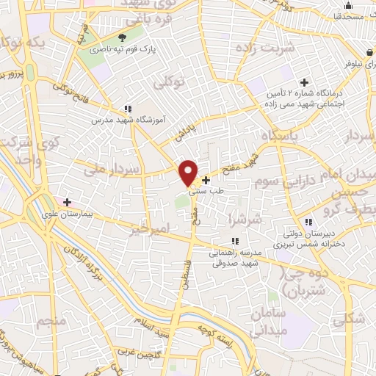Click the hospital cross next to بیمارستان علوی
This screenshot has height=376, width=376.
pyautogui.click(x=67, y=201)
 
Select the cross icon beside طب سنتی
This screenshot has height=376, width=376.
pyautogui.click(x=206, y=179)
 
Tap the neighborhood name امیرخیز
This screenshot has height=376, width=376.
pyautogui.click(x=150, y=231)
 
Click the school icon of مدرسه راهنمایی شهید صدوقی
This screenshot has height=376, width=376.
pyautogui.click(x=234, y=240)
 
